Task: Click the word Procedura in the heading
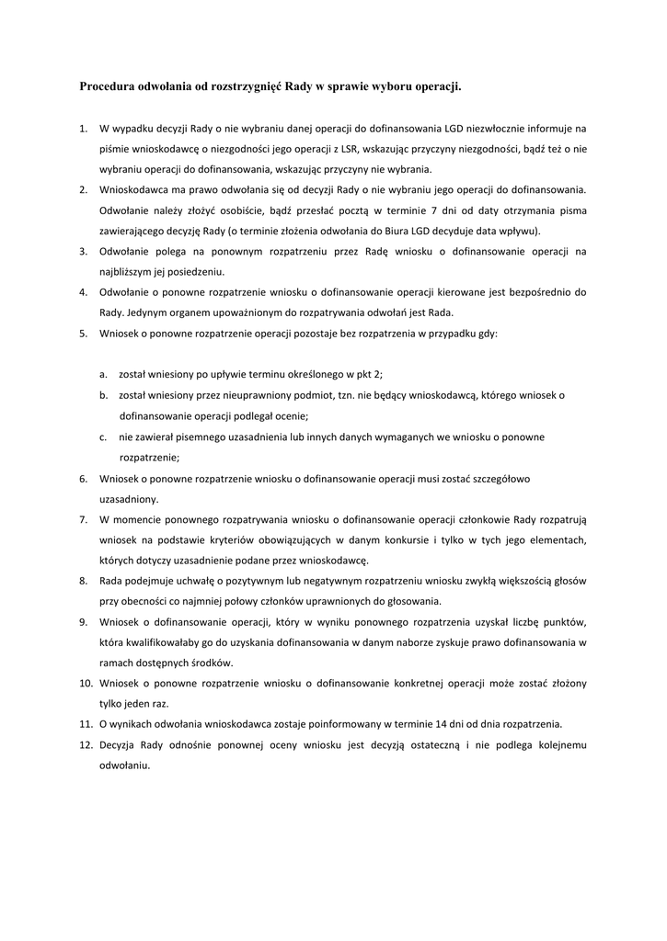click(x=107, y=86)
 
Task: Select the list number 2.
click(x=83, y=189)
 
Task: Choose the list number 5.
click(x=83, y=333)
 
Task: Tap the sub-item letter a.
click(x=104, y=374)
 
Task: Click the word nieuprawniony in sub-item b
click(x=242, y=395)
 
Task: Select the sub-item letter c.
click(x=104, y=436)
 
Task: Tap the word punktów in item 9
click(x=563, y=622)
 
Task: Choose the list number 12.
click(x=86, y=745)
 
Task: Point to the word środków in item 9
click(x=211, y=663)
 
